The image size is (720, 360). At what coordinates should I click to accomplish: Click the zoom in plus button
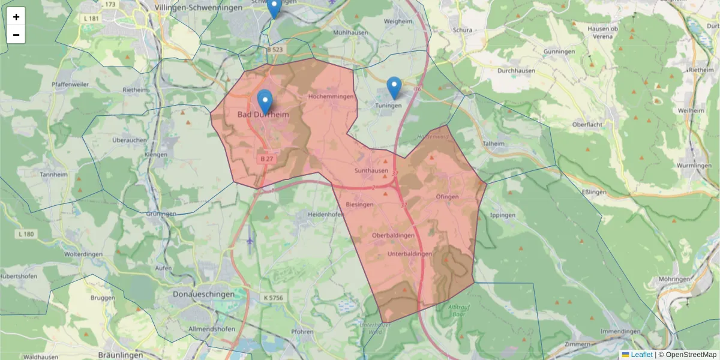(x=16, y=17)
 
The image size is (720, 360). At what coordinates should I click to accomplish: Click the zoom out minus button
(x=16, y=35)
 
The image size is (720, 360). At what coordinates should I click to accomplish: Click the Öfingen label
(x=447, y=197)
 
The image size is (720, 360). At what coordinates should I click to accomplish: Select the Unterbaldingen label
(x=410, y=254)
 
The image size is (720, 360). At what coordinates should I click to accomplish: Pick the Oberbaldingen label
(x=393, y=235)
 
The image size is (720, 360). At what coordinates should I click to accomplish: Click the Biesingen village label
(x=360, y=205)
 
